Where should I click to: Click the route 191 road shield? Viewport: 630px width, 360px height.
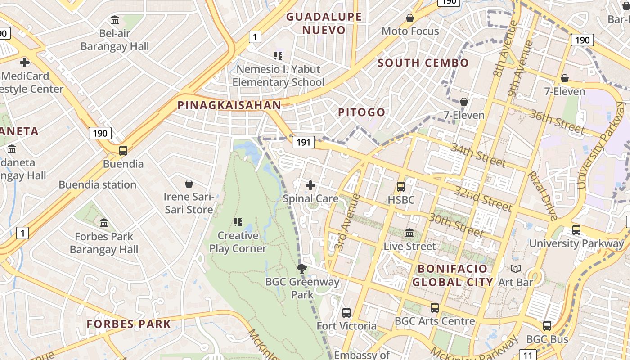coord(303,142)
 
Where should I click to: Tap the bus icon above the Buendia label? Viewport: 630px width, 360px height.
coord(123,151)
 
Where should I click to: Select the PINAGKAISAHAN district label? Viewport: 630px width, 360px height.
coord(229,105)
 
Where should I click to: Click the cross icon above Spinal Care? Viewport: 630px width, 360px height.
coord(310,185)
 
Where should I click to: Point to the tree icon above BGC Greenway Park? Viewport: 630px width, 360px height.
coord(302,269)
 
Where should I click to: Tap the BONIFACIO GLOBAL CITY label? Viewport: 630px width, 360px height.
coord(453,275)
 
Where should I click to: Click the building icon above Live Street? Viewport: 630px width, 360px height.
coord(409,233)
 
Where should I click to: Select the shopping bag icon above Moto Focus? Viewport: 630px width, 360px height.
coord(410,18)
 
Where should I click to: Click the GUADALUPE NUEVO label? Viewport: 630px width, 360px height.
coord(324,23)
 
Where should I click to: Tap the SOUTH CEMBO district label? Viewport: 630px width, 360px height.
coord(423,63)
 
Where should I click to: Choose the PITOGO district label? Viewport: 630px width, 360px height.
coord(362,112)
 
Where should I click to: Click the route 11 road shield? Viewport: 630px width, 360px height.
coord(528,355)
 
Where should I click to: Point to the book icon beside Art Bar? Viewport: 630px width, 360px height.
coord(516,269)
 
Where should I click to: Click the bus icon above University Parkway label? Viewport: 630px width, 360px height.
coord(576,230)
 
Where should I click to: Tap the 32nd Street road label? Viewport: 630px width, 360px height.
coord(483,198)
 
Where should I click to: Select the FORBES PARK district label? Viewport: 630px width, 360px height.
coord(129,324)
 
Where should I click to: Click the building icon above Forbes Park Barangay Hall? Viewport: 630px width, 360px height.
coord(104,223)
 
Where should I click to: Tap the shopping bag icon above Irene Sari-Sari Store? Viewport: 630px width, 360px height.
coord(189,184)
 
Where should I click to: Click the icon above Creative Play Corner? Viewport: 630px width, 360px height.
coord(238,222)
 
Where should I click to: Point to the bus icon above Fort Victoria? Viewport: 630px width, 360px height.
coord(346,312)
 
